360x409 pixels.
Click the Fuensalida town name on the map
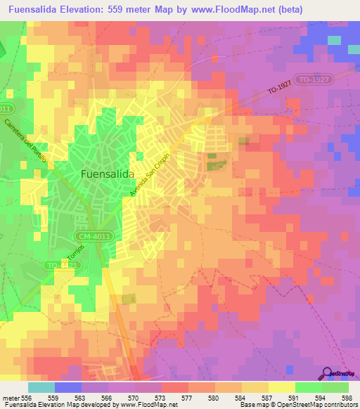point(108,173)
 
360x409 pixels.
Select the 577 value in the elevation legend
point(188,398)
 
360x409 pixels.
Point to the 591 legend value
point(295,398)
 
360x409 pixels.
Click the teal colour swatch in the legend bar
point(41,387)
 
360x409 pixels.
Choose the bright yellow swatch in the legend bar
point(282,387)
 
